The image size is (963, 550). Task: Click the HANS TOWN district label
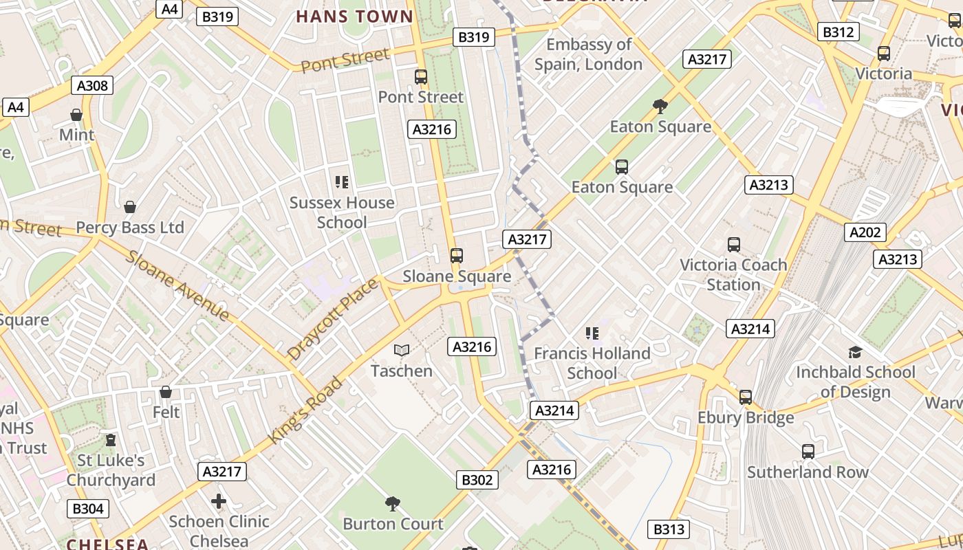[x=354, y=16]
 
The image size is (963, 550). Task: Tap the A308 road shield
[x=92, y=85]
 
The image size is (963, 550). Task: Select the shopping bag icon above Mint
[x=76, y=115]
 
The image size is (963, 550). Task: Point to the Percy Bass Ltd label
[x=129, y=228]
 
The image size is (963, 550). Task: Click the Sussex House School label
[x=342, y=212]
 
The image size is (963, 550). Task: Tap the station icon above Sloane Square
[x=456, y=256]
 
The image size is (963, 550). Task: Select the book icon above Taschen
[x=402, y=351]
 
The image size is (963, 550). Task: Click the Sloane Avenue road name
[x=177, y=285]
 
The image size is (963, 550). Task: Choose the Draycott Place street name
[x=333, y=319]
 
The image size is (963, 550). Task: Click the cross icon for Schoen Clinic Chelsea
[x=219, y=501]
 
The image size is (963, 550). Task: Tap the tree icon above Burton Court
[x=393, y=504]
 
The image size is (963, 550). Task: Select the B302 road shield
[x=477, y=480]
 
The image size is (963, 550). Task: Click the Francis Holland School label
[x=592, y=363]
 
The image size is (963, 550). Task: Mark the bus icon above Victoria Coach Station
[x=734, y=245]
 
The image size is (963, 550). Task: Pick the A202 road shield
[x=865, y=232]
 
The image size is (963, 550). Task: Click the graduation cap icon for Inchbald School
[x=855, y=352]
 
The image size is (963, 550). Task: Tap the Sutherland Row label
[x=808, y=472]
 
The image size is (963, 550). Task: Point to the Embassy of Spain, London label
[x=589, y=54]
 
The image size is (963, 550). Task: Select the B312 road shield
[x=838, y=32]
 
